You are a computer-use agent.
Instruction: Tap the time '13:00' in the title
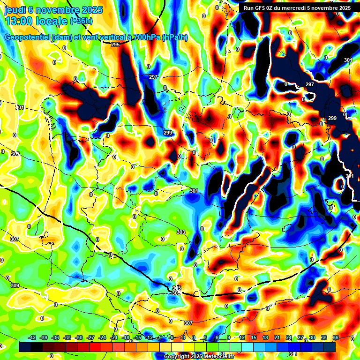click(19, 21)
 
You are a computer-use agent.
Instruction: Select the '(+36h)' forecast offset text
click(81, 21)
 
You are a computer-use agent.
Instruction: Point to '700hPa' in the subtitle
click(147, 37)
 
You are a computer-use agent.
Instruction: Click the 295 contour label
click(115, 45)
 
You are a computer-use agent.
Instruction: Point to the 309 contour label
click(15, 285)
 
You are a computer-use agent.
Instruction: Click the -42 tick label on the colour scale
click(32, 337)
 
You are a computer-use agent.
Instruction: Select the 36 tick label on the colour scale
click(336, 337)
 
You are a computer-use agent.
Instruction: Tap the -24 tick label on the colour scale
click(103, 337)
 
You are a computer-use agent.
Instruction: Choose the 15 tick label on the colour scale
click(254, 337)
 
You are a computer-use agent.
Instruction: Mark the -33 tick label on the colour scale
click(67, 337)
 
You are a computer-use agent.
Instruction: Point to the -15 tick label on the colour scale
click(138, 337)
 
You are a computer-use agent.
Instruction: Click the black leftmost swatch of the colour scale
click(25, 347)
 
